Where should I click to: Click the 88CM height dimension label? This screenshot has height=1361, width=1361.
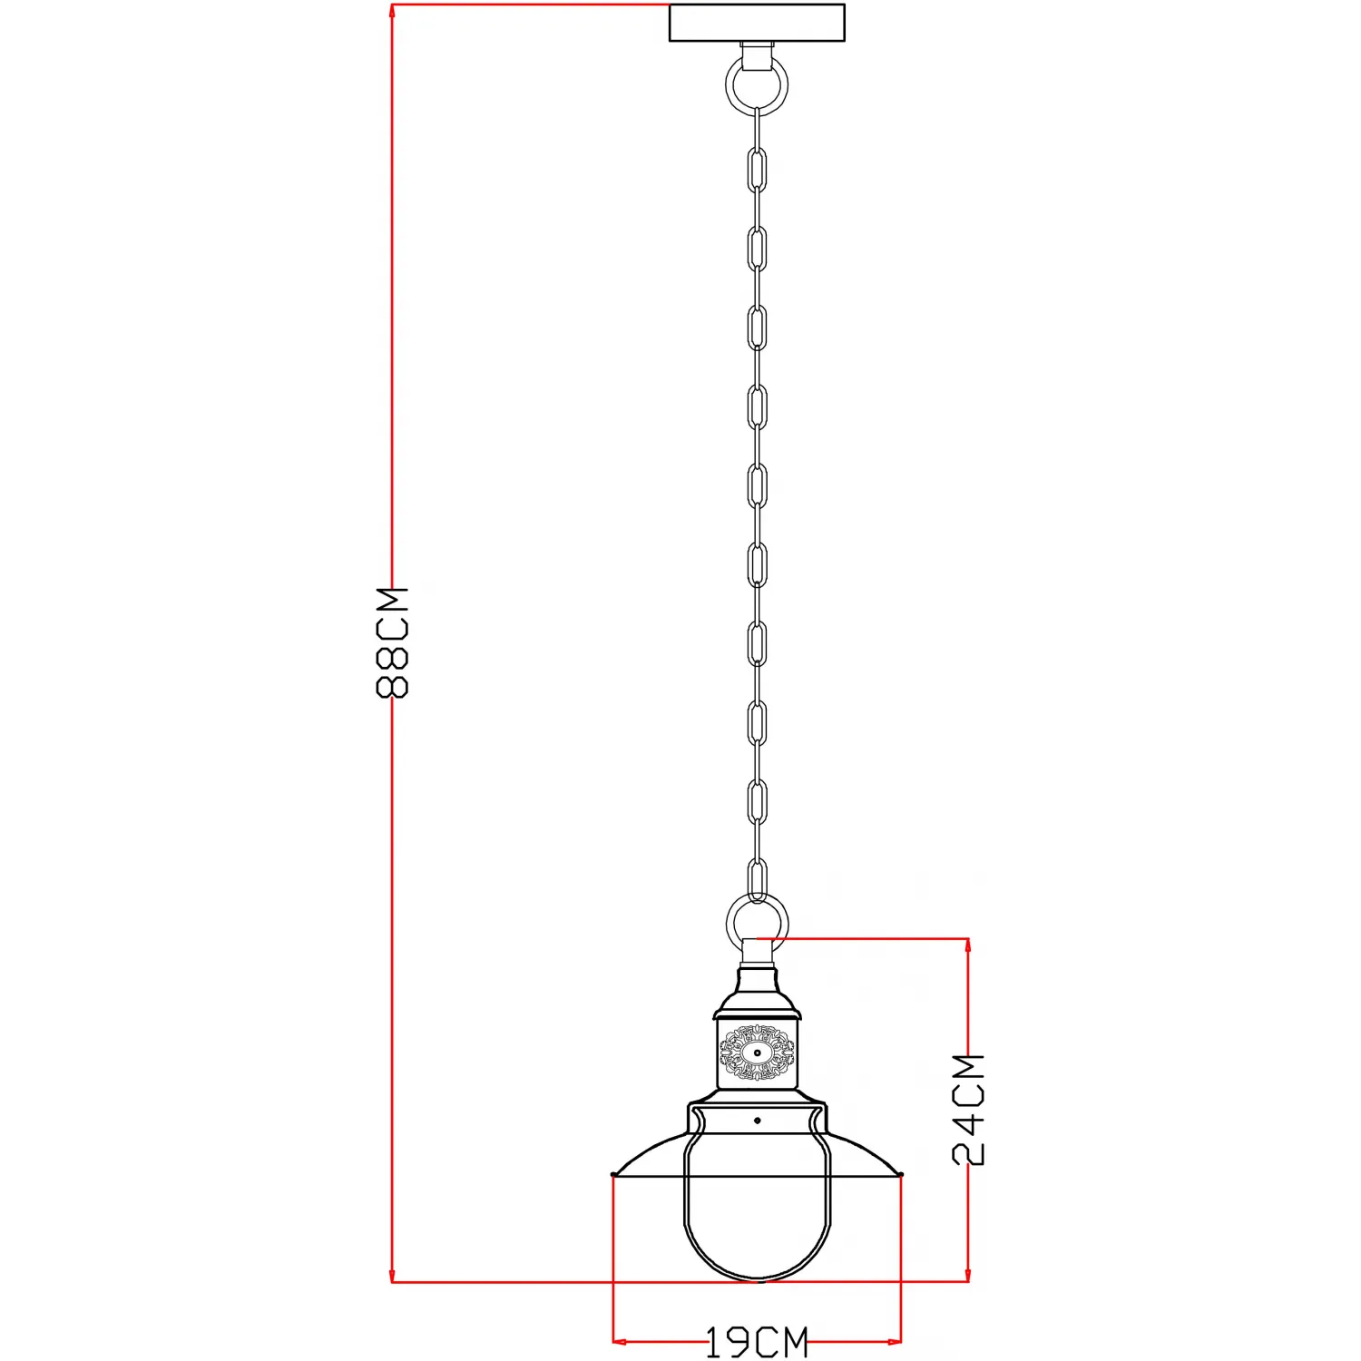393,642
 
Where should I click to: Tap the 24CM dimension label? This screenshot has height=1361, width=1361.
968,1109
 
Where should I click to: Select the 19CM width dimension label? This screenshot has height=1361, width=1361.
757,1343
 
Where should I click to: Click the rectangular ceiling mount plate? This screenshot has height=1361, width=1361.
757,23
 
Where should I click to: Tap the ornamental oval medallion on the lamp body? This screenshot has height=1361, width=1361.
757,1053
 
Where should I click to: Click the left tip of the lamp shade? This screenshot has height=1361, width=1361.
614,1175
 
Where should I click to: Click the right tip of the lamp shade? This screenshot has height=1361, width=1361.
900,1175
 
